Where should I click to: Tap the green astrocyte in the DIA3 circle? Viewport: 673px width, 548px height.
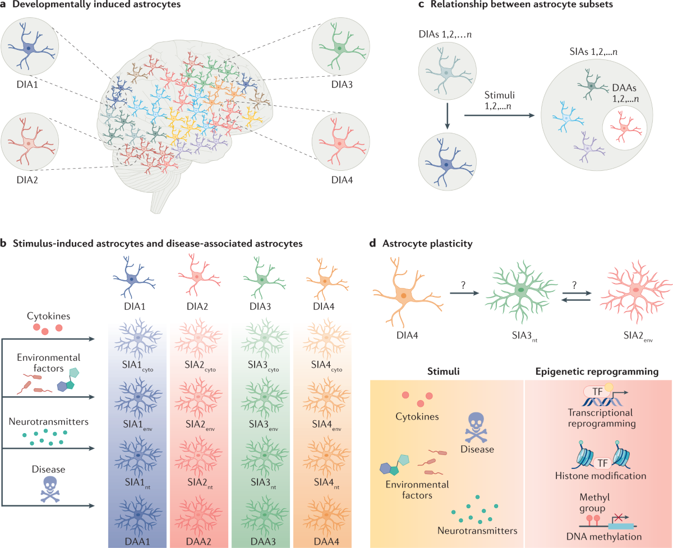pyautogui.click(x=340, y=48)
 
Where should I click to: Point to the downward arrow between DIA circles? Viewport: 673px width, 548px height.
pyautogui.click(x=447, y=120)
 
